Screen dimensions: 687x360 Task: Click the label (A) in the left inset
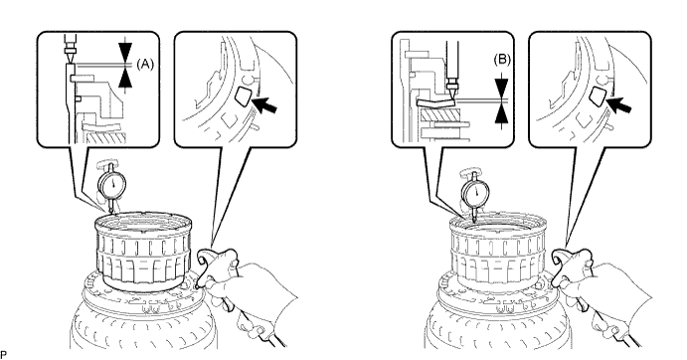coord(145,65)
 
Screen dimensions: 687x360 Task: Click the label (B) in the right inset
coord(502,60)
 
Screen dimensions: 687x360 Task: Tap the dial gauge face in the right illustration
coord(476,192)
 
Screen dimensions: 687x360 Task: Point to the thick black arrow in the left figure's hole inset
coord(265,104)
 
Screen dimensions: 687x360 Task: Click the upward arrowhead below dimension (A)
coord(125,78)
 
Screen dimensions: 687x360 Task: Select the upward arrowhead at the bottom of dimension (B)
coord(502,112)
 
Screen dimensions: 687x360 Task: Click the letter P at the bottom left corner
coord(4,354)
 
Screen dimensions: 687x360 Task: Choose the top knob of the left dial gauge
coord(110,165)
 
